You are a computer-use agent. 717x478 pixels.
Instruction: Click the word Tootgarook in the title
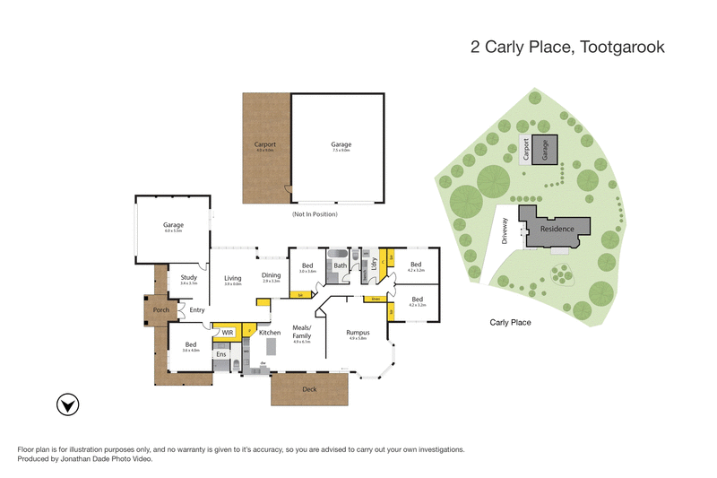tap(618, 48)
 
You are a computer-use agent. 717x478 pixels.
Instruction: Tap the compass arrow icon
tap(65, 404)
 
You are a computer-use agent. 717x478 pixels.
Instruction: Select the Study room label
tap(188, 278)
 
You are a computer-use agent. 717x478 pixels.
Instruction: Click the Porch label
tap(161, 310)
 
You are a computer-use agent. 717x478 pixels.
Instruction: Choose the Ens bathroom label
tap(220, 354)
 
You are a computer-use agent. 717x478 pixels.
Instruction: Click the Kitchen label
tap(270, 333)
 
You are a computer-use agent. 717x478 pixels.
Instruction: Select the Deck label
tap(309, 389)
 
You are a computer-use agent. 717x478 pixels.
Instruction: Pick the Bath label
tap(340, 265)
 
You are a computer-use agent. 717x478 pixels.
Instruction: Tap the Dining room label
tap(272, 275)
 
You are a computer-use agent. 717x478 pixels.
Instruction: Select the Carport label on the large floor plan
tap(263, 144)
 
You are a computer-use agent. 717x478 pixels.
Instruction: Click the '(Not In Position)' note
tap(315, 215)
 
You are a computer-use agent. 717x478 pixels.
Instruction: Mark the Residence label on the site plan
tap(557, 230)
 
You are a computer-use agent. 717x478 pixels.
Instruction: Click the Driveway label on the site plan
tap(505, 232)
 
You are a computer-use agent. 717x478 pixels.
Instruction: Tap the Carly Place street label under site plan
tap(512, 321)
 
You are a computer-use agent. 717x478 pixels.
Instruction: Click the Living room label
tap(233, 279)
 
